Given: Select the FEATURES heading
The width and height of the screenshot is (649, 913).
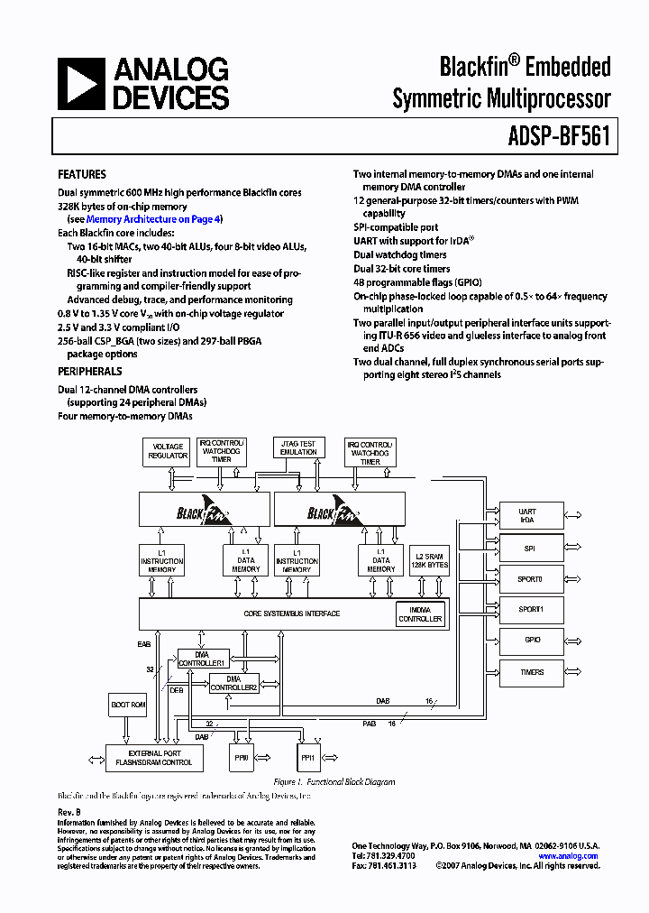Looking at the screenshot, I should [82, 174].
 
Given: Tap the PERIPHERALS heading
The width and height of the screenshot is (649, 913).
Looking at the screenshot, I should [90, 371].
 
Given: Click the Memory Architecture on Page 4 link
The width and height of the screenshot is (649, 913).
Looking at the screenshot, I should [153, 219].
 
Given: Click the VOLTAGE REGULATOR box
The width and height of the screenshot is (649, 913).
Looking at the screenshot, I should [168, 450].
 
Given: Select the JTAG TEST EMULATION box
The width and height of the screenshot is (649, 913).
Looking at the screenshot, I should [298, 447].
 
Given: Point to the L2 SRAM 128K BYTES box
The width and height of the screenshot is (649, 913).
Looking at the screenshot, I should [428, 560].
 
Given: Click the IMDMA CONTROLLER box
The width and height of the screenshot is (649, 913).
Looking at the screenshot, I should [420, 614].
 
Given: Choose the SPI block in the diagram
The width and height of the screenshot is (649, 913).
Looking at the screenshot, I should [532, 548].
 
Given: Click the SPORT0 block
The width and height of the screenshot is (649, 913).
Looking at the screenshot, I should [532, 579].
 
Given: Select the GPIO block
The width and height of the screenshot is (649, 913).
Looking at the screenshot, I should [532, 640].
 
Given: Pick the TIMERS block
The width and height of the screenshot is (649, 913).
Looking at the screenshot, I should [532, 672].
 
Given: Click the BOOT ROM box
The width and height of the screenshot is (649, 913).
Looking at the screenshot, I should [127, 705].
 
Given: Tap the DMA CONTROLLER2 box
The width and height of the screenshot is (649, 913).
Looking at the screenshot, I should [234, 683].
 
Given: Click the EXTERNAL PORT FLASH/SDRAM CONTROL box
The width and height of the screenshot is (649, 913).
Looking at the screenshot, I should [154, 758].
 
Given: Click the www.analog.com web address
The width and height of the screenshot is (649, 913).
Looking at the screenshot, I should [568, 856].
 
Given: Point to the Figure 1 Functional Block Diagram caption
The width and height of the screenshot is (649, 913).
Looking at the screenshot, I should [334, 782].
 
